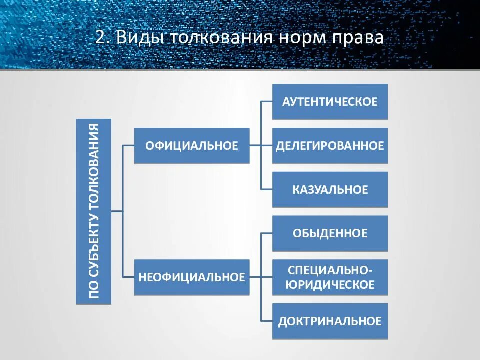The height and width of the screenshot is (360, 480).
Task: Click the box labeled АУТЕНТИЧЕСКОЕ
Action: (x=330, y=102)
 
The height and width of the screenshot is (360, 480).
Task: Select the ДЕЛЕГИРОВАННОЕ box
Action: (x=330, y=146)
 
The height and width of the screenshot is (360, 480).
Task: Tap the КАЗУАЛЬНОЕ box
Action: (x=330, y=190)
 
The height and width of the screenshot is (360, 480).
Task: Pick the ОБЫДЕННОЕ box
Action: (x=330, y=233)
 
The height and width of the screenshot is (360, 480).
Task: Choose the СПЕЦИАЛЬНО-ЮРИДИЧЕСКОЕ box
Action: (x=330, y=277)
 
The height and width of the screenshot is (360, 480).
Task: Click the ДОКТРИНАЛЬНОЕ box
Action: (x=330, y=321)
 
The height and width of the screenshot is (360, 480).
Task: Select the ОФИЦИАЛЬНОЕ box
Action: (x=192, y=146)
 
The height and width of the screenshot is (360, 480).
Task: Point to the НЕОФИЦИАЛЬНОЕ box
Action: (x=192, y=277)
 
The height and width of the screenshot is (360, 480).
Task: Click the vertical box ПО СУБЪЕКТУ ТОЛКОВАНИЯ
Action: (x=94, y=211)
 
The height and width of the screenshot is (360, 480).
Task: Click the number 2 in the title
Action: (x=100, y=38)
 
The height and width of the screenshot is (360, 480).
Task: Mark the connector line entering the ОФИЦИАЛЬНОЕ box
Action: (x=128, y=146)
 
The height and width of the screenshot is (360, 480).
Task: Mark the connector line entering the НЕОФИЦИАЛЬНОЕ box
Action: (x=128, y=277)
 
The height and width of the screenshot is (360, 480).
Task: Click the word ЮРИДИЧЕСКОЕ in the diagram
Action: (x=330, y=285)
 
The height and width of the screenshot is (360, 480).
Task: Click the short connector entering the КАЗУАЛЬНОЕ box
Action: (x=266, y=190)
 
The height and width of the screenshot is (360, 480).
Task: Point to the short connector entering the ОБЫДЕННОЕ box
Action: (x=266, y=233)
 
